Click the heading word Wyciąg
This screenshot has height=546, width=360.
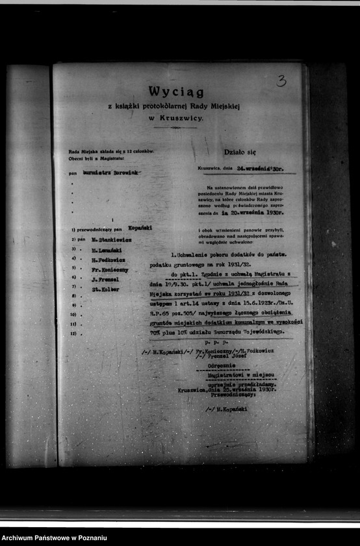click(x=175, y=92)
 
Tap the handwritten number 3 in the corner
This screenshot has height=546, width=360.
click(x=281, y=81)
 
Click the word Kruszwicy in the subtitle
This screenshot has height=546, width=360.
click(x=181, y=118)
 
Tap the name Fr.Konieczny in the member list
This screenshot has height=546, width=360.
click(x=109, y=268)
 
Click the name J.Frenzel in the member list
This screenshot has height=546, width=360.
click(x=105, y=279)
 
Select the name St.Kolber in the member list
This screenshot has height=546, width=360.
click(x=105, y=289)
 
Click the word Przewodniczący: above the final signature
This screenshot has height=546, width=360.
click(x=224, y=395)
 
